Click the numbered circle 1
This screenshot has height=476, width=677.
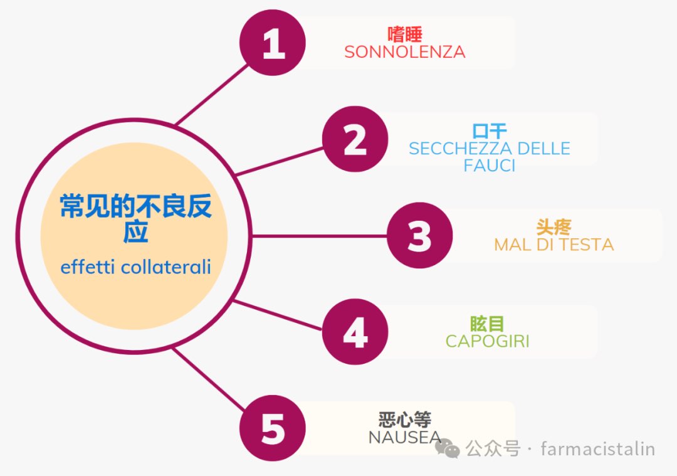click(273, 43)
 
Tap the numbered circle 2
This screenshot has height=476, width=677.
click(355, 140)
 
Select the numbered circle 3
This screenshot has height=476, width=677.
click(419, 236)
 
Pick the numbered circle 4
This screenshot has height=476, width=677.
click(355, 332)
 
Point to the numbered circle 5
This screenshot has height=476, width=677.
click(273, 430)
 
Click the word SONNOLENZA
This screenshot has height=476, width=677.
click(405, 52)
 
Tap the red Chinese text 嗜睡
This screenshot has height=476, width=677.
click(405, 34)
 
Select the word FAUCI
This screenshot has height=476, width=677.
click(490, 166)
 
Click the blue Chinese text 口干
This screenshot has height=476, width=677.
click(490, 131)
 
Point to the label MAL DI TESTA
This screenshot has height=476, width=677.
click(554, 245)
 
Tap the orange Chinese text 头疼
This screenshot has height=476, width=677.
click(554, 227)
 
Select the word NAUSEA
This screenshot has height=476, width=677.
click(405, 437)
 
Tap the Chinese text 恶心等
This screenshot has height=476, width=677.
click(405, 420)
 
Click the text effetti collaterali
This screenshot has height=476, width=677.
click(135, 267)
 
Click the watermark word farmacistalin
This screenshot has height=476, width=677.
click(597, 449)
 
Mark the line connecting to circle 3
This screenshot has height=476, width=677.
click(320, 236)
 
